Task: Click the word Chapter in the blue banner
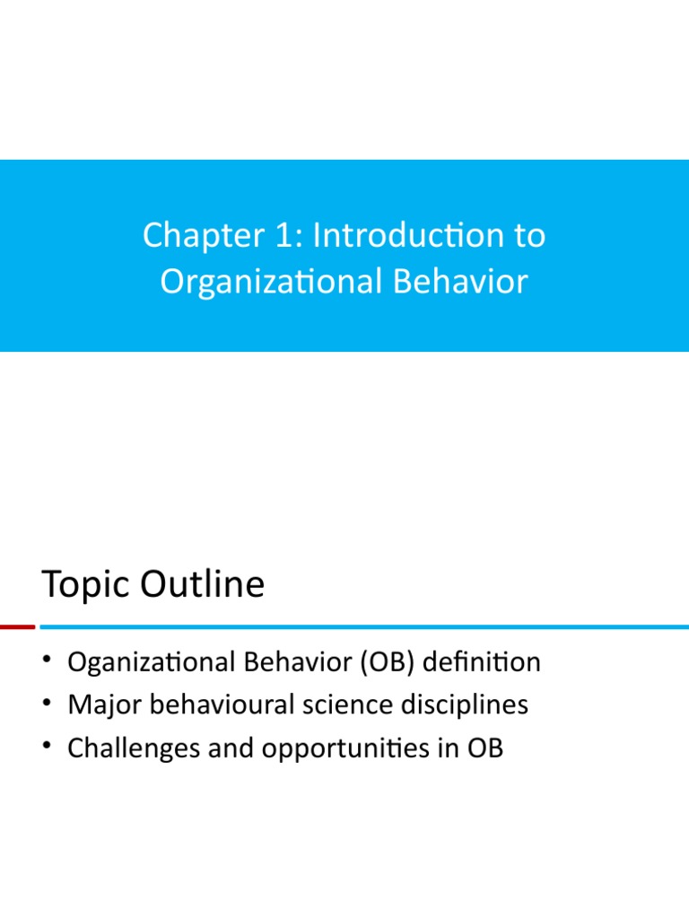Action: tap(204, 236)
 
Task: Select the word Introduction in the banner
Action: tap(409, 235)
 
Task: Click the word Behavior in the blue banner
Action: tap(460, 281)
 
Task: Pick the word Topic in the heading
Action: tap(86, 585)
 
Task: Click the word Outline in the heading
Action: tap(202, 583)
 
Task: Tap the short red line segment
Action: tap(18, 627)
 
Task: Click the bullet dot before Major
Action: tap(47, 702)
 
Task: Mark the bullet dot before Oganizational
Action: tap(47, 659)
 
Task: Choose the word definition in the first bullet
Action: tap(482, 661)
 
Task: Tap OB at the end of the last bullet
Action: tap(485, 748)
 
